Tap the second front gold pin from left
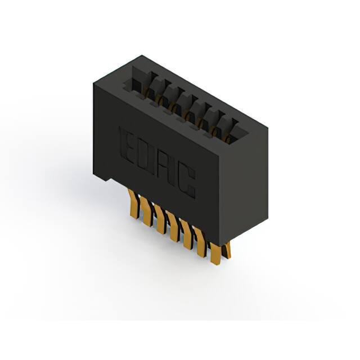click(145, 210)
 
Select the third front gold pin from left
click(159, 218)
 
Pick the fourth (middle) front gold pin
click(173, 226)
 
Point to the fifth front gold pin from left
click(186, 234)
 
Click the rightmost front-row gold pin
click(216, 254)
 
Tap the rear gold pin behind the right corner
click(227, 250)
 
